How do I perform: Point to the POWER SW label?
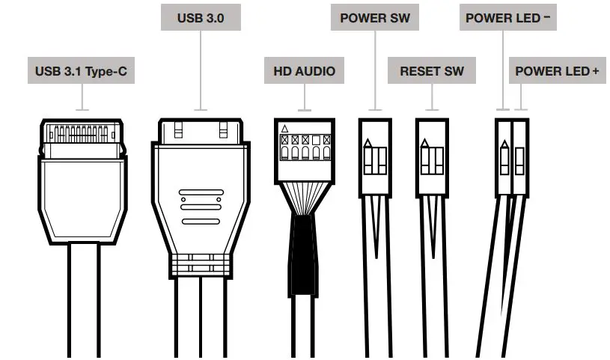click(x=374, y=17)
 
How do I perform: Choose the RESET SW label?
click(x=431, y=72)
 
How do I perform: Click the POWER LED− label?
click(x=501, y=17)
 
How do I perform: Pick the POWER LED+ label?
click(x=557, y=72)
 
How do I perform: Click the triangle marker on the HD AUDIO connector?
click(x=284, y=129)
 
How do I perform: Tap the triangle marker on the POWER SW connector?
click(x=367, y=143)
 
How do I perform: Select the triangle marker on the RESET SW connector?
click(x=426, y=143)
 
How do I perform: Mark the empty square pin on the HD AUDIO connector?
click(x=317, y=140)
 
